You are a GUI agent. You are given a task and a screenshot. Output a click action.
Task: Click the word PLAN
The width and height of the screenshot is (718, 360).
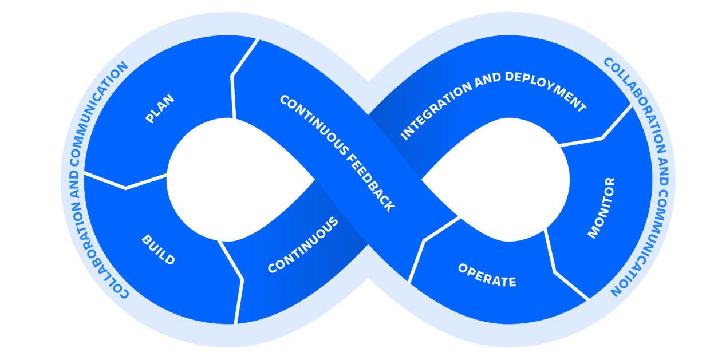pyautogui.click(x=160, y=109)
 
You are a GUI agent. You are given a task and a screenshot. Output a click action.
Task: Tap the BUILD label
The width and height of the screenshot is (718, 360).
pyautogui.click(x=158, y=250)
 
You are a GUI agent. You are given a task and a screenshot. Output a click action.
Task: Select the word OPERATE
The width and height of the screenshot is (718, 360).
pyautogui.click(x=487, y=275)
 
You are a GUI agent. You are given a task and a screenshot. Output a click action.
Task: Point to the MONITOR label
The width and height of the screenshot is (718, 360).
pyautogui.click(x=602, y=208)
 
